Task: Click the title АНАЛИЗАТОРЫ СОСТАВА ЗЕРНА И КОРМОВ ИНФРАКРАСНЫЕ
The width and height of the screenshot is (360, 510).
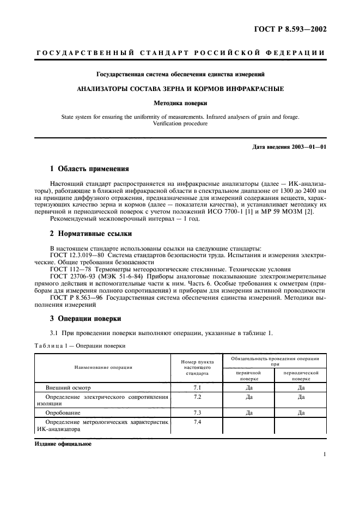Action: tap(180, 88)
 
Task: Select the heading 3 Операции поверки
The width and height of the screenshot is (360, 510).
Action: tap(86, 318)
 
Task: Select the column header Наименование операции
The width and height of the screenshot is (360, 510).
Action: tap(103, 368)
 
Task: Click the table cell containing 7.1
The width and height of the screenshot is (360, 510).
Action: tap(197, 387)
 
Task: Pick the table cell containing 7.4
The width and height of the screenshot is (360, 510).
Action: tap(197, 422)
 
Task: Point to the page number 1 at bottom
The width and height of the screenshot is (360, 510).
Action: tap(325, 454)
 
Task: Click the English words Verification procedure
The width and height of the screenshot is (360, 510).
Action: tap(180, 124)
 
